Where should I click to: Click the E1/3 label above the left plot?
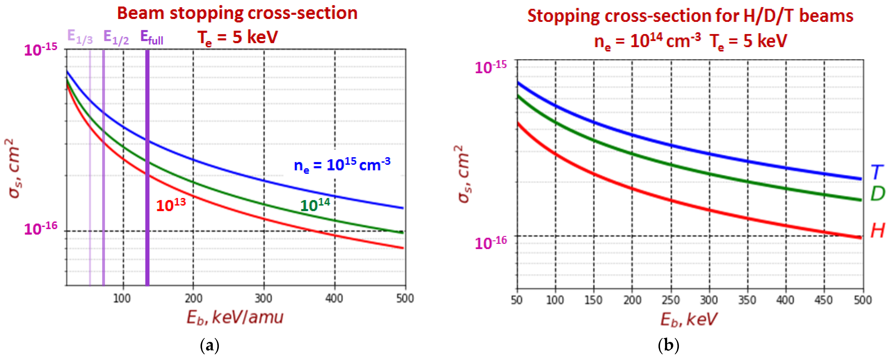(x=80, y=37)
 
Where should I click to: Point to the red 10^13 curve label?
(x=171, y=205)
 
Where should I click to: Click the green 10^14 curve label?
(x=315, y=205)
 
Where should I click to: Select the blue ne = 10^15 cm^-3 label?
(x=342, y=165)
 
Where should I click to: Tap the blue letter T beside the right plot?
(x=877, y=172)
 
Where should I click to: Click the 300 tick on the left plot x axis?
(x=264, y=298)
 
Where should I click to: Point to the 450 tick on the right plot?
(x=824, y=300)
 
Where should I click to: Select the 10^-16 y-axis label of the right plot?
(x=491, y=243)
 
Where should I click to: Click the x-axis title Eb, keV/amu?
(x=235, y=317)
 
